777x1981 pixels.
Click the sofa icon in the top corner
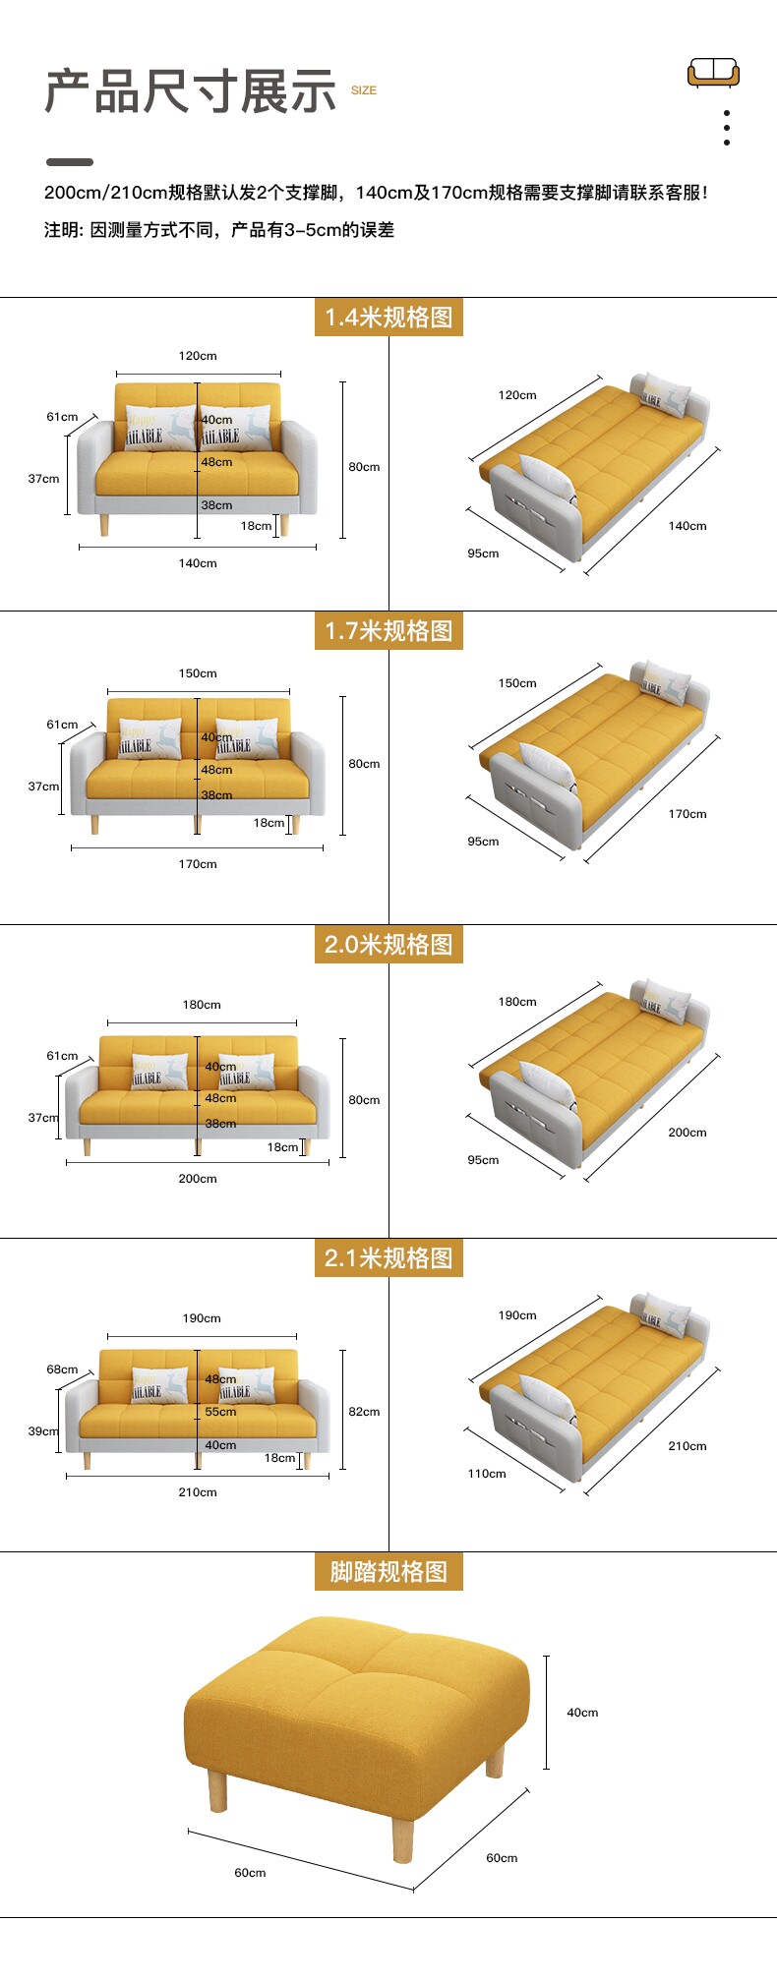[713, 72]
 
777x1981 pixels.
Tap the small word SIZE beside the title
[364, 90]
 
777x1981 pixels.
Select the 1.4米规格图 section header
[388, 318]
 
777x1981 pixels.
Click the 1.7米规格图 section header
[388, 631]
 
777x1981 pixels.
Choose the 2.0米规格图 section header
[388, 945]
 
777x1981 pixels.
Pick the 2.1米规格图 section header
[388, 1258]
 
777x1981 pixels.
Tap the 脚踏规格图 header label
[388, 1572]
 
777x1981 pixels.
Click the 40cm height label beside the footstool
[582, 1713]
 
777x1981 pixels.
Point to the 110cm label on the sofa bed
[487, 1474]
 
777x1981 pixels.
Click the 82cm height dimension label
[364, 1412]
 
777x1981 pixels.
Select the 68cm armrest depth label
[62, 1369]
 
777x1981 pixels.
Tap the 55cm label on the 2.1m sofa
[220, 1412]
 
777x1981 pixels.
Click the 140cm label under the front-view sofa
[198, 563]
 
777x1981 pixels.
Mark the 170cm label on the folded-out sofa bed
[687, 814]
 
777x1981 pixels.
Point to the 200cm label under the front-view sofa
[198, 1179]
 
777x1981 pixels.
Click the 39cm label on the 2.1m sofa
[43, 1431]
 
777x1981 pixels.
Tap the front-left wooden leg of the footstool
[217, 1791]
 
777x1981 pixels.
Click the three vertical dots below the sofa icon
[727, 128]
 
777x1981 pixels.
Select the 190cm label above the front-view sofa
[202, 1318]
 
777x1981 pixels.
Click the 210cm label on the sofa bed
[687, 1446]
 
